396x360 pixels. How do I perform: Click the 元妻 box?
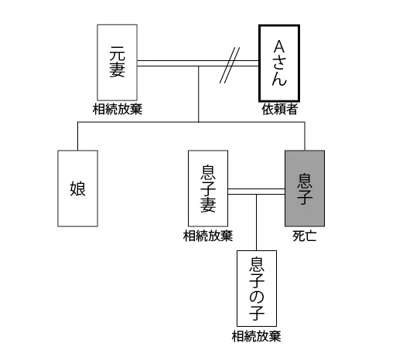117,63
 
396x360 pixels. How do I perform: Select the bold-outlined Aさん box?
279,63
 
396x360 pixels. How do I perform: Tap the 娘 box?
77,188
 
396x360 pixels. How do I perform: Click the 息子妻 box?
208,188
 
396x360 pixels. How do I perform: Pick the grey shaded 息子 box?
305,188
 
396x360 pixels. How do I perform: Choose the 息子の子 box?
257,288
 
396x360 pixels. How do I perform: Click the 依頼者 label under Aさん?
280,109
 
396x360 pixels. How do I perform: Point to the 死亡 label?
305,236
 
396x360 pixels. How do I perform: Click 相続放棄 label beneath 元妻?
118,109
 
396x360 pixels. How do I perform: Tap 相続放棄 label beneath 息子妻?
208,236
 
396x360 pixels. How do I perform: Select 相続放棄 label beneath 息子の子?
256,336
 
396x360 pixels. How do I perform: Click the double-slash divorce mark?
230,65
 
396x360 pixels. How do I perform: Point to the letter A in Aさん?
279,47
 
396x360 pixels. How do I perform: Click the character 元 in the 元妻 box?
117,53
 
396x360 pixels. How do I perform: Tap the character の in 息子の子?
257,297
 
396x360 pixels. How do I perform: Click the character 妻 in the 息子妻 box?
208,205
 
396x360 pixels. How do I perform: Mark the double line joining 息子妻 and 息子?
257,192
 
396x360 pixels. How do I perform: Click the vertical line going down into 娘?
77,136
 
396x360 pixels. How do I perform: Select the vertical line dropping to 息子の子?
256,222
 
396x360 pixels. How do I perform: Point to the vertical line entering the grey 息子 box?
305,136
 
